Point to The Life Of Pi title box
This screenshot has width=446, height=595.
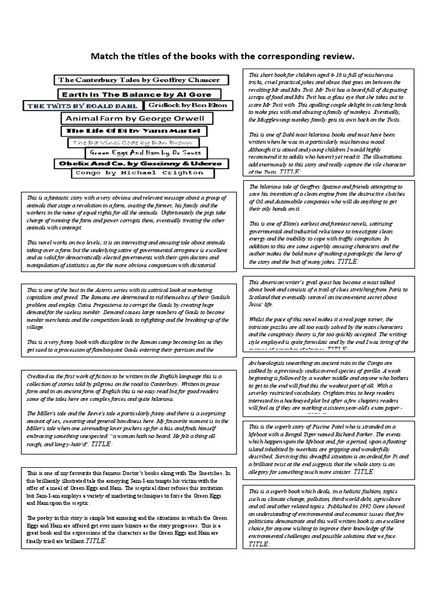coord(134,131)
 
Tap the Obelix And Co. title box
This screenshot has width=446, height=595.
coord(139,163)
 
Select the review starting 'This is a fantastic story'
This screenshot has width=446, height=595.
coord(130,231)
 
